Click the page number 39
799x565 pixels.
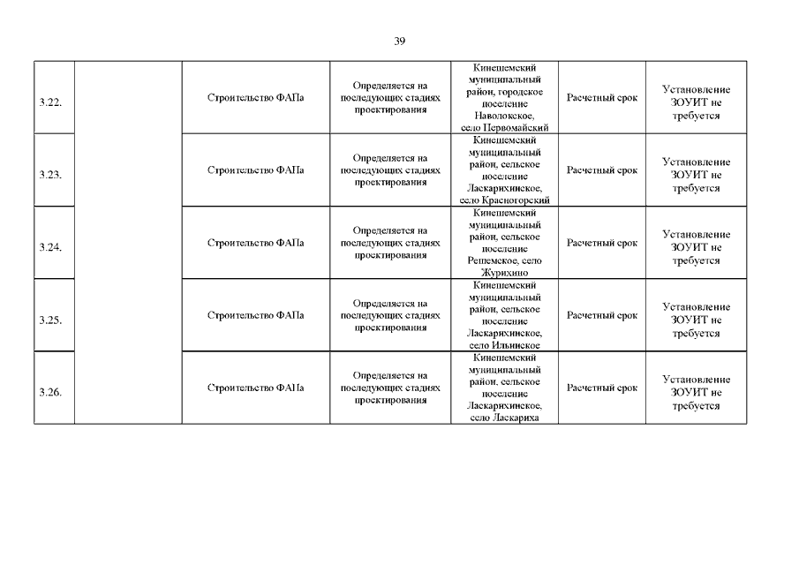pos(400,41)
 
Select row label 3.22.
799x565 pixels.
pos(50,103)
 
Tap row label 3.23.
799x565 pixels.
pos(50,175)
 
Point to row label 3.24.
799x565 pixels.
pos(50,248)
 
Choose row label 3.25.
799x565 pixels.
pos(50,320)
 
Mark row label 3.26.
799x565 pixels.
pos(50,393)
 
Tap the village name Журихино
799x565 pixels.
pos(504,273)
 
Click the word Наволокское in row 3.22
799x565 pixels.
pos(503,116)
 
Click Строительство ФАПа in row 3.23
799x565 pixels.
pos(255,169)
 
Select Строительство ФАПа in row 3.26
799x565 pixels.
pos(255,388)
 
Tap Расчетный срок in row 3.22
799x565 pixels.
pos(601,97)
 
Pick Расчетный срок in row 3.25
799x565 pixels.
pos(601,315)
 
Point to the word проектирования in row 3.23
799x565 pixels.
pos(390,183)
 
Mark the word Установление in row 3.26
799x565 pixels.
pos(697,380)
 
